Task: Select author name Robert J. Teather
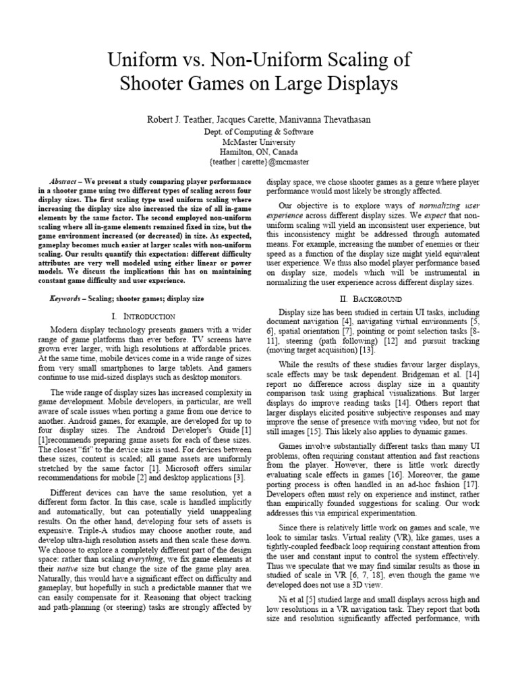pyautogui.click(x=184, y=119)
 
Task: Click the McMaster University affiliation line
pyautogui.click(x=259, y=143)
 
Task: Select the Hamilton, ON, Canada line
pyautogui.click(x=259, y=153)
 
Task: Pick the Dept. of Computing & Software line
pyautogui.click(x=259, y=132)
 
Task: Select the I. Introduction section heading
pyautogui.click(x=142, y=316)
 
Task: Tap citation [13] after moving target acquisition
pyautogui.click(x=367, y=350)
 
